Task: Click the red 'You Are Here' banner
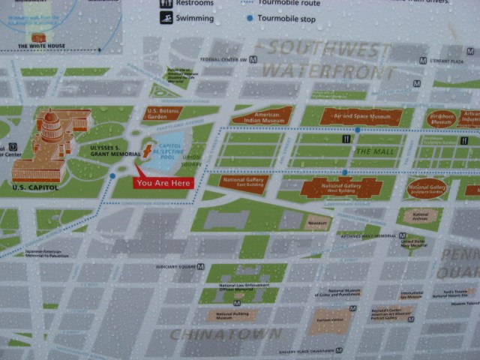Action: click(163, 182)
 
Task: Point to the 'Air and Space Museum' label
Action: click(361, 116)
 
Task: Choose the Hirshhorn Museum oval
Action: click(441, 118)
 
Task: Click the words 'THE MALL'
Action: click(373, 151)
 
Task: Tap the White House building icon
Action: click(37, 37)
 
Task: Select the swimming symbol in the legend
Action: click(166, 18)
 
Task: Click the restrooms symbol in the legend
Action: click(166, 3)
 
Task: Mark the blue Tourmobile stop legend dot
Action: click(248, 18)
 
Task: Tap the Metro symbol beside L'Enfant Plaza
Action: click(424, 60)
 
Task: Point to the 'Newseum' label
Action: click(316, 223)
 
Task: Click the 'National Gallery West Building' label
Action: click(342, 187)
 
